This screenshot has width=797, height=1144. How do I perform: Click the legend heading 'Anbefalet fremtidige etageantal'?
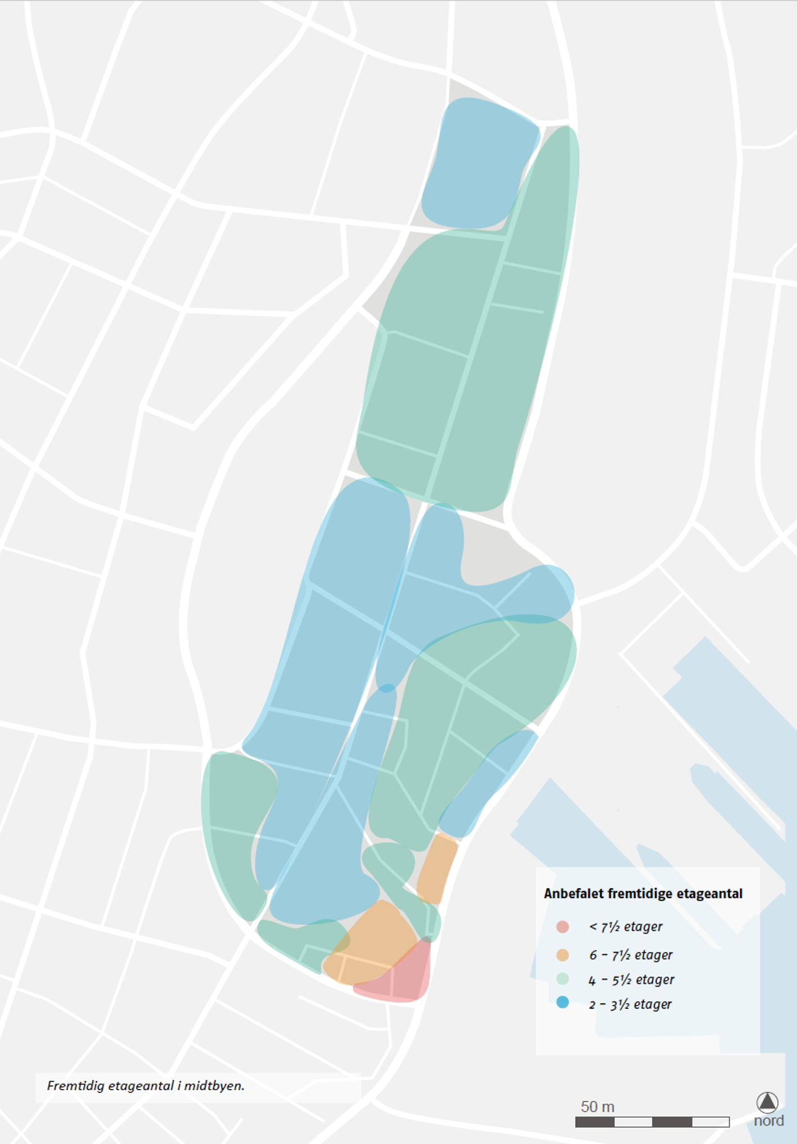tap(643, 894)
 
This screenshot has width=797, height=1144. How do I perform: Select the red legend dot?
tap(562, 927)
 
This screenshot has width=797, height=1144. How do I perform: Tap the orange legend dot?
tap(562, 955)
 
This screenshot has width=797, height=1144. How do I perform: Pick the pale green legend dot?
tap(562, 979)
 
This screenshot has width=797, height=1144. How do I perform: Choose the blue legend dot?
tap(562, 1003)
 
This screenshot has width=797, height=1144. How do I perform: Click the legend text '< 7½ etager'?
tap(625, 927)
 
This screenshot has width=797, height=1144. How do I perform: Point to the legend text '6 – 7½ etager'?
tap(630, 955)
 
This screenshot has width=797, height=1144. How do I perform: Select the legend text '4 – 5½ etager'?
tap(631, 980)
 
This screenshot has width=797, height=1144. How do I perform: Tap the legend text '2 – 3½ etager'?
tap(630, 1004)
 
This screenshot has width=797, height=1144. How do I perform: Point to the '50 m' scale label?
tap(597, 1106)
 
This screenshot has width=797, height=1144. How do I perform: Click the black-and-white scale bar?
tap(652, 1122)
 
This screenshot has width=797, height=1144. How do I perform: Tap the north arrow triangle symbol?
tap(767, 1102)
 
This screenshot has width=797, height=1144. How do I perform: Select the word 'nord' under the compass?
tap(768, 1120)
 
